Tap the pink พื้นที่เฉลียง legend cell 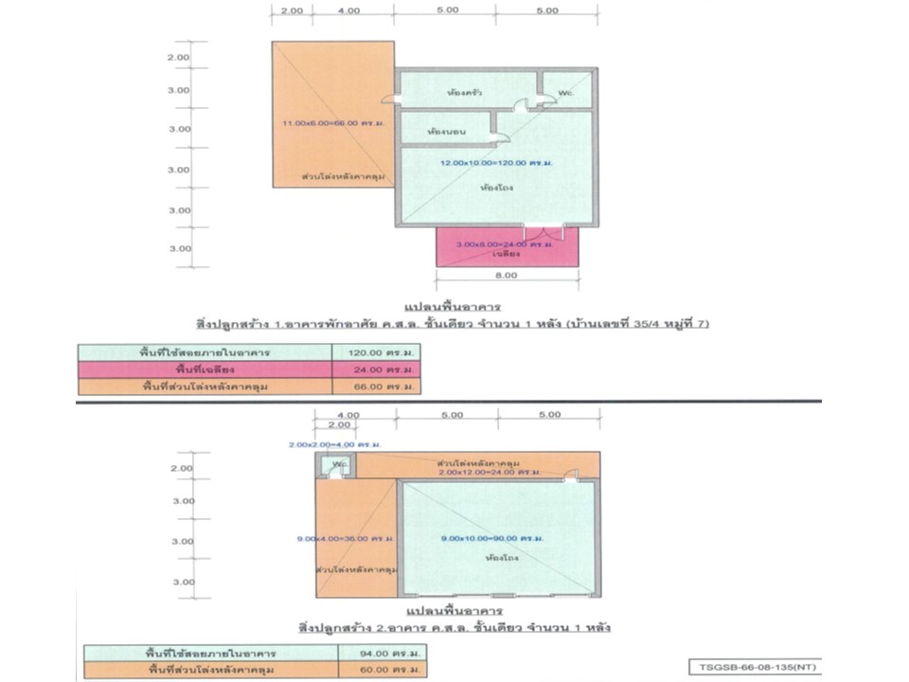tap(206, 368)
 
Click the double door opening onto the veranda tap(544, 230)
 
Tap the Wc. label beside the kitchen tap(564, 93)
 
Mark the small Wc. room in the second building tap(339, 467)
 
